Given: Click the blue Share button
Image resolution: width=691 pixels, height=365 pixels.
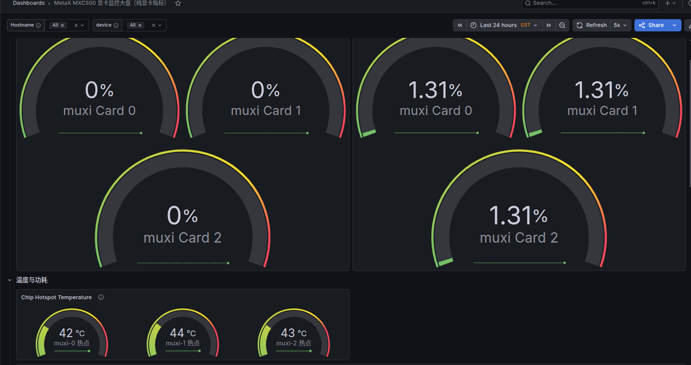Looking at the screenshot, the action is [x=651, y=25].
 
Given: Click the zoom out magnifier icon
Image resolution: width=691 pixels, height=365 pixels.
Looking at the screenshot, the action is [x=562, y=25].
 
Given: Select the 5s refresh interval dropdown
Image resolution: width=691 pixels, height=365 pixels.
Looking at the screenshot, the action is [x=620, y=25].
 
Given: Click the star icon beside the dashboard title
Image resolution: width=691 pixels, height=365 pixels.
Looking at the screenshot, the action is [x=178, y=3].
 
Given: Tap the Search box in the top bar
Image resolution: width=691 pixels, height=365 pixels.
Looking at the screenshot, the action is [x=590, y=3].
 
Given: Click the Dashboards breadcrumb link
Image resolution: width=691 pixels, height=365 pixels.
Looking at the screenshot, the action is [x=29, y=3].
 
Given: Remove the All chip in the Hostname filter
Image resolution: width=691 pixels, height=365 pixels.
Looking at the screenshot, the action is [x=62, y=25].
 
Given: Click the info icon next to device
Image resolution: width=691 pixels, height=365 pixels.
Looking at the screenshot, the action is [x=116, y=25].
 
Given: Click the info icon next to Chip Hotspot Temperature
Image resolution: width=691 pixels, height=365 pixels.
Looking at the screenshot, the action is [x=101, y=297].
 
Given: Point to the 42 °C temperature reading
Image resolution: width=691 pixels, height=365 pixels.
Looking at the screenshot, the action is [x=72, y=333].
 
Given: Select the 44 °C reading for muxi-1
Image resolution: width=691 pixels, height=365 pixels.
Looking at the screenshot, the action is [x=183, y=333].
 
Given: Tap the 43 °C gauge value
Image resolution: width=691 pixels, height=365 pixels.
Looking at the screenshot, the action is [x=294, y=333].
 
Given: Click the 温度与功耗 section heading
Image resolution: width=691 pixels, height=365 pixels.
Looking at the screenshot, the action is [x=32, y=280].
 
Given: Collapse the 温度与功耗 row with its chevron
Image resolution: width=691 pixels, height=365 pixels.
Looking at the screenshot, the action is [x=10, y=280].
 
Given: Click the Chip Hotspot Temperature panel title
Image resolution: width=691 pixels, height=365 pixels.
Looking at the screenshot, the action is [x=57, y=297].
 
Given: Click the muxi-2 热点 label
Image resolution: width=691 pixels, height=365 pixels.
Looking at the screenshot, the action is [x=294, y=343].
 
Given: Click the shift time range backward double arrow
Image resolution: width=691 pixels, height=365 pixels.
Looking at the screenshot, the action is [x=460, y=25].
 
